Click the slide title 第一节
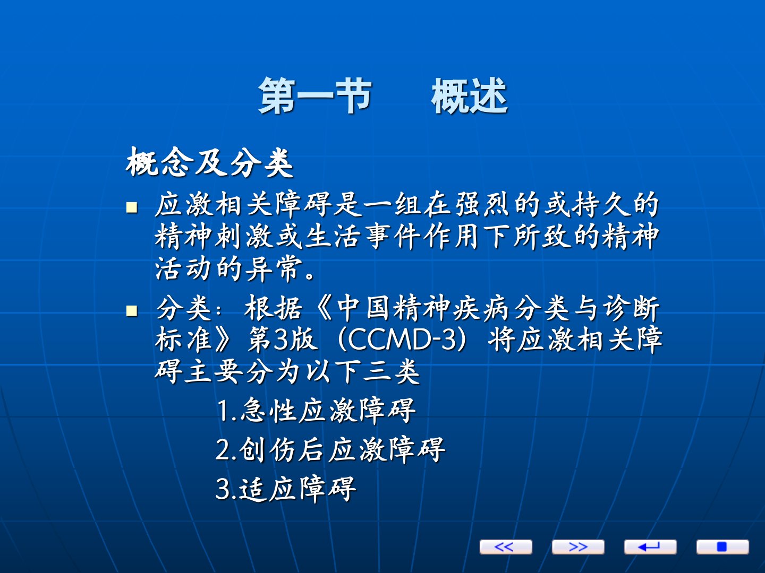(315, 95)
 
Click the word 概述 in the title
(469, 95)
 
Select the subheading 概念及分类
(209, 162)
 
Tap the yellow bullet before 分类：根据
(132, 310)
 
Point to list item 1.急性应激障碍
(316, 411)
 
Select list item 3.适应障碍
(286, 489)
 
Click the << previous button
(506, 546)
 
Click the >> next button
(578, 546)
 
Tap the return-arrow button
(650, 546)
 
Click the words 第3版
(282, 340)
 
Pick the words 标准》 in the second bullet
(193, 340)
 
